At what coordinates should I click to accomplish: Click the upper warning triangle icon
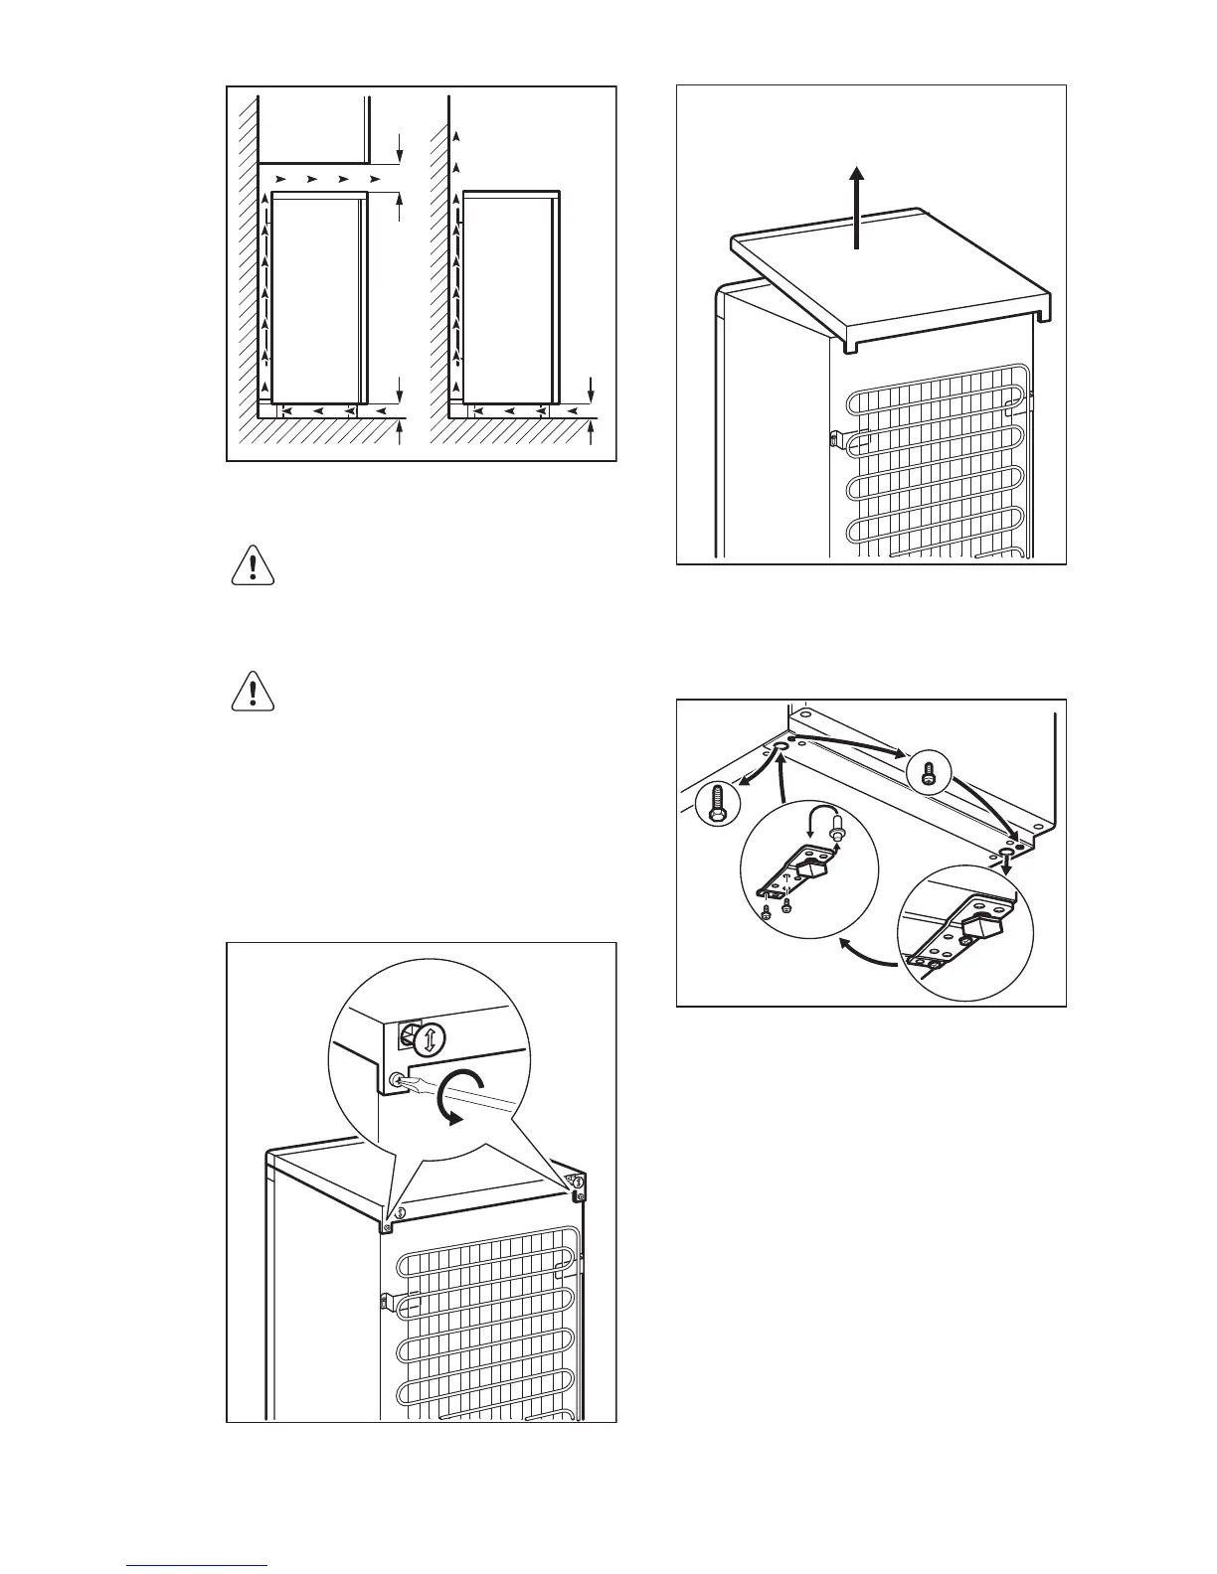(253, 566)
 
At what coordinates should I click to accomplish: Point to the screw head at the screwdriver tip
(398, 1081)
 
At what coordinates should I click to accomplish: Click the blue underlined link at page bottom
(198, 1566)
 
